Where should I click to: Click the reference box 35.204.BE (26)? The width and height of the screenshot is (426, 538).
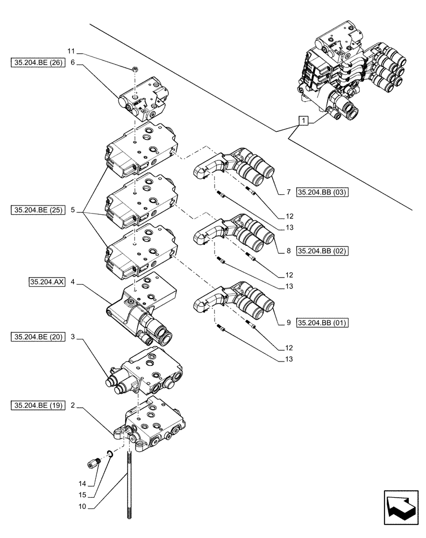point(37,63)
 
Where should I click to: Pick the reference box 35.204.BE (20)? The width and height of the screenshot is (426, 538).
point(37,337)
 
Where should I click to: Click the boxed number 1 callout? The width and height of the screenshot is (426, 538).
point(304,122)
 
